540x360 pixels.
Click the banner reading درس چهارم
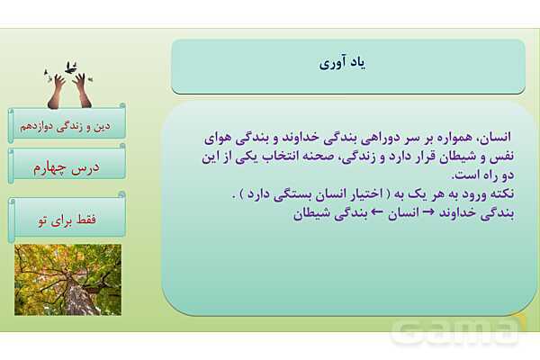pyautogui.click(x=68, y=166)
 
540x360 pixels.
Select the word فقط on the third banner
pyautogui.click(x=94, y=219)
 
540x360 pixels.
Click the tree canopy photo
pyautogui.click(x=67, y=279)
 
